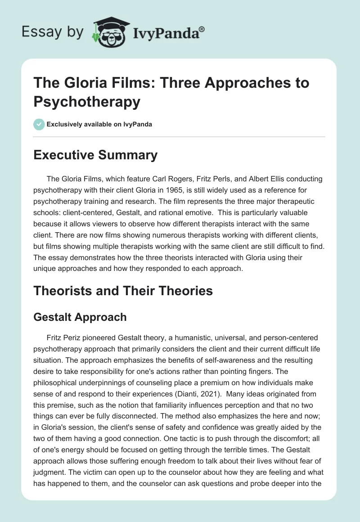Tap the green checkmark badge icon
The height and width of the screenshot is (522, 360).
point(39,124)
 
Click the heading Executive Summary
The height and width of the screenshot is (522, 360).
point(95,155)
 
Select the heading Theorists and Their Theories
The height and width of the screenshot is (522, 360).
point(123,291)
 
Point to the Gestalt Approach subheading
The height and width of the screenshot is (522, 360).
point(80,317)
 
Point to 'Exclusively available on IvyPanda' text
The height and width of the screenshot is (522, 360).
point(99,125)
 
